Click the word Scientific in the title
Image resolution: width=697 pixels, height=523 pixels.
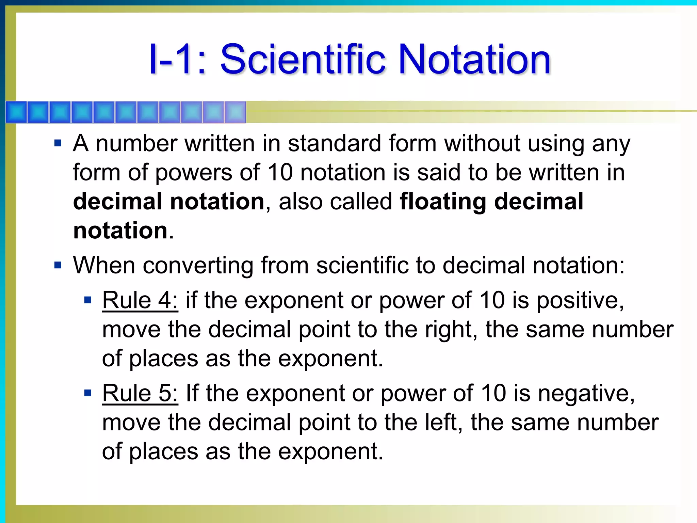pos(303,59)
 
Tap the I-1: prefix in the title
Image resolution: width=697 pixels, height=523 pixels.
pos(177,59)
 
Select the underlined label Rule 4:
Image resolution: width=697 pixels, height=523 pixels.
pos(140,300)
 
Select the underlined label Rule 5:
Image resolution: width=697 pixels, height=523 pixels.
pos(140,393)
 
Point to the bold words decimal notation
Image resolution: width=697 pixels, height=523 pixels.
pos(169,202)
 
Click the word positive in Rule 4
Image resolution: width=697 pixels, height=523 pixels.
pos(580,301)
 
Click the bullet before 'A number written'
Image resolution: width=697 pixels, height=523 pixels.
pos(58,143)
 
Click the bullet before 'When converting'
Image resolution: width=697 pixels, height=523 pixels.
pos(58,265)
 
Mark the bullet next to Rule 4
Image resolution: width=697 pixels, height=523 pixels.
pos(88,300)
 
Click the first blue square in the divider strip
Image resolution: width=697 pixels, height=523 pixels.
pos(16,112)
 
